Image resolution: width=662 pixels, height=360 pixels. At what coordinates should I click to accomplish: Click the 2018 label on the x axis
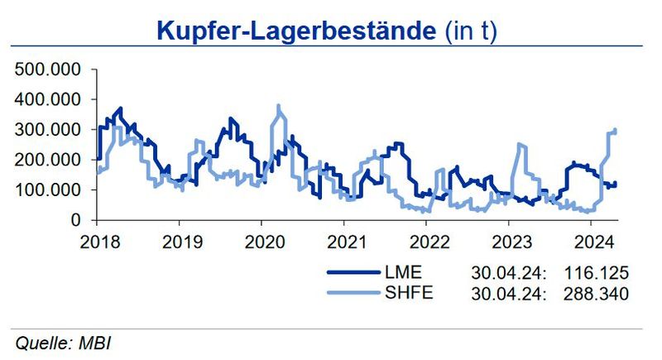coord(98,242)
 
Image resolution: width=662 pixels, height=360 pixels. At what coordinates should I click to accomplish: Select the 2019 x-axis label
coord(180,242)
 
